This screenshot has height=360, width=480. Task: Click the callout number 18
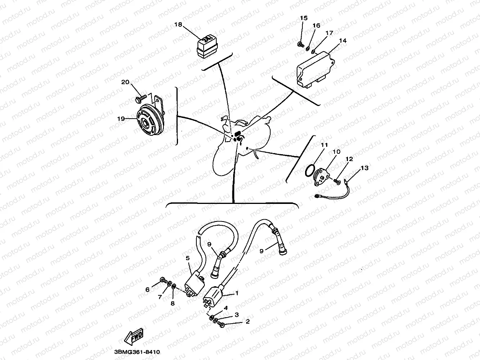(x=178, y=24)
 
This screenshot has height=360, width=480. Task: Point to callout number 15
(x=304, y=18)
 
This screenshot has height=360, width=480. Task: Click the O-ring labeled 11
(x=310, y=170)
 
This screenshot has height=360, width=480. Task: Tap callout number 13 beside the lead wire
(x=364, y=168)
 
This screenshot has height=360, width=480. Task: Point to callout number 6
(x=147, y=290)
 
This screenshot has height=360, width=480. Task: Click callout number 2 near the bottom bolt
(x=248, y=322)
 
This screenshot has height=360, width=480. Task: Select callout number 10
(x=336, y=152)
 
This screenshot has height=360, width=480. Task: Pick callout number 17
(x=329, y=33)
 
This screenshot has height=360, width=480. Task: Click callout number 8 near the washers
(x=173, y=303)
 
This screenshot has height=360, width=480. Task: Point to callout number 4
(x=226, y=308)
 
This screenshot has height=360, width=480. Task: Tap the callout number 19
(x=121, y=119)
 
